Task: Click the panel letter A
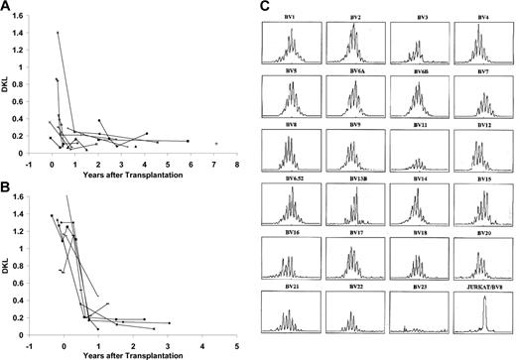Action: click(7, 7)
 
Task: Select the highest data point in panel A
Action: click(58, 33)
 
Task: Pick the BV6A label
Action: click(354, 71)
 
